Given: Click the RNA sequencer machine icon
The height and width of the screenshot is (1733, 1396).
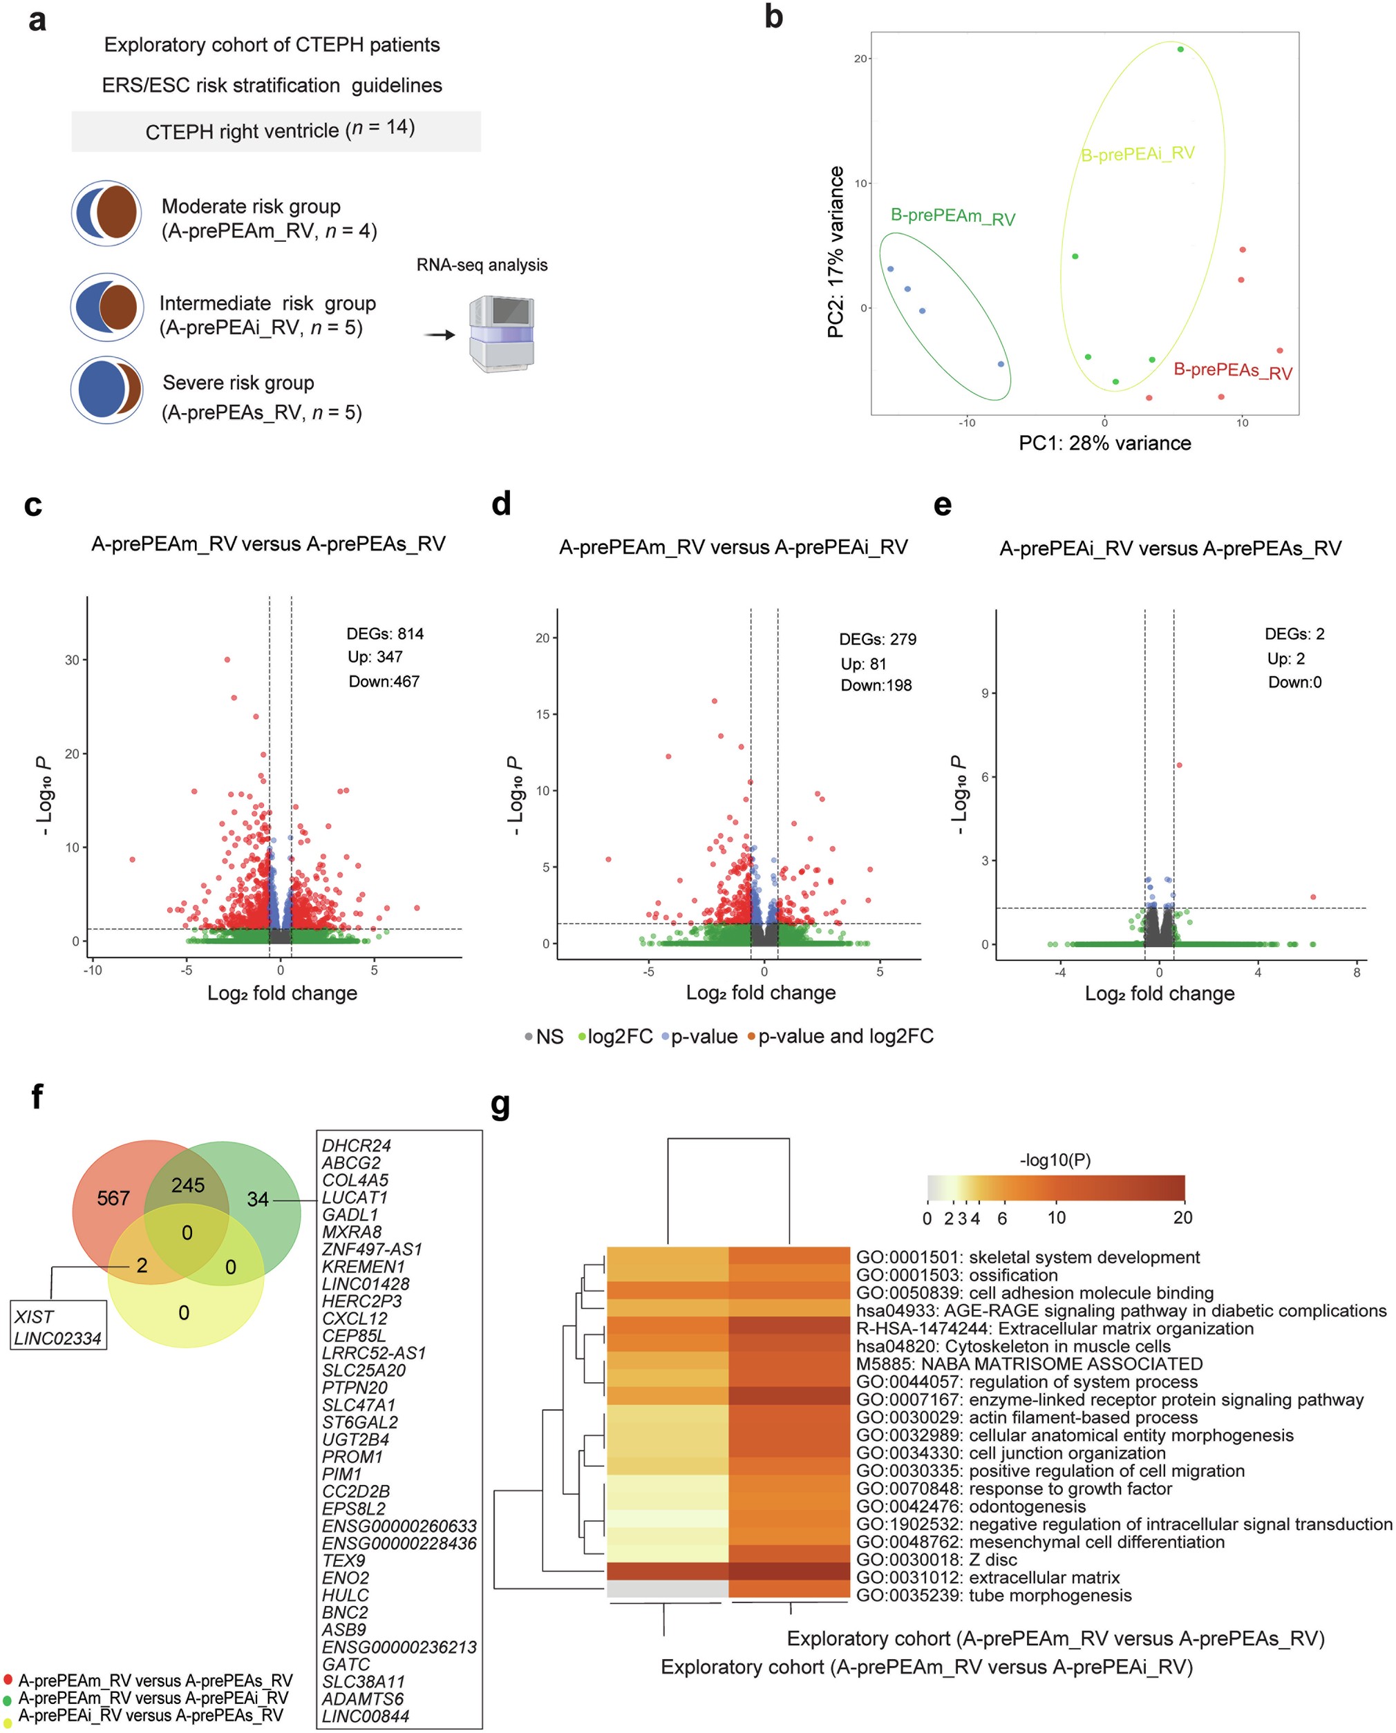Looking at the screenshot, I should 501,334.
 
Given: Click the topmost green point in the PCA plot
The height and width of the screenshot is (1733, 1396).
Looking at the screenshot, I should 1180,49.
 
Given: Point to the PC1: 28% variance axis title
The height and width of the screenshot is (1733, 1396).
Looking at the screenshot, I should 1104,443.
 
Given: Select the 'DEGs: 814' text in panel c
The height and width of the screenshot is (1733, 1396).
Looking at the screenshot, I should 384,633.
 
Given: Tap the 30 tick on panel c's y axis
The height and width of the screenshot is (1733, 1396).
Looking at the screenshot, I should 72,660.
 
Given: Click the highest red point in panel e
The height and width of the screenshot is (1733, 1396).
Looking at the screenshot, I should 1179,765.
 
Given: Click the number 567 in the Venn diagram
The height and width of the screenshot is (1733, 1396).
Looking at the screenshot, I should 113,1198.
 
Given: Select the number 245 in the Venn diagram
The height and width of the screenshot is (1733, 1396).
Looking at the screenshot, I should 187,1185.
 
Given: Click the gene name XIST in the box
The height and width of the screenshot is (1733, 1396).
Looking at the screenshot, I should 34,1316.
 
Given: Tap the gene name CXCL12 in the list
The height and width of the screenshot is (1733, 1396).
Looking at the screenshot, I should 355,1319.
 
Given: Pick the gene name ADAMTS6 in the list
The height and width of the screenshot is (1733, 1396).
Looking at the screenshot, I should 363,1698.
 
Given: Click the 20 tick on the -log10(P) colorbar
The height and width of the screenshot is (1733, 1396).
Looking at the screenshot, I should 1182,1218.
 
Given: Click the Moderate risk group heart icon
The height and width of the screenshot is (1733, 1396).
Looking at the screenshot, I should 106,213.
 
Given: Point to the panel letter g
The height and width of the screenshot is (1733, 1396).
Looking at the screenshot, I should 500,1105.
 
